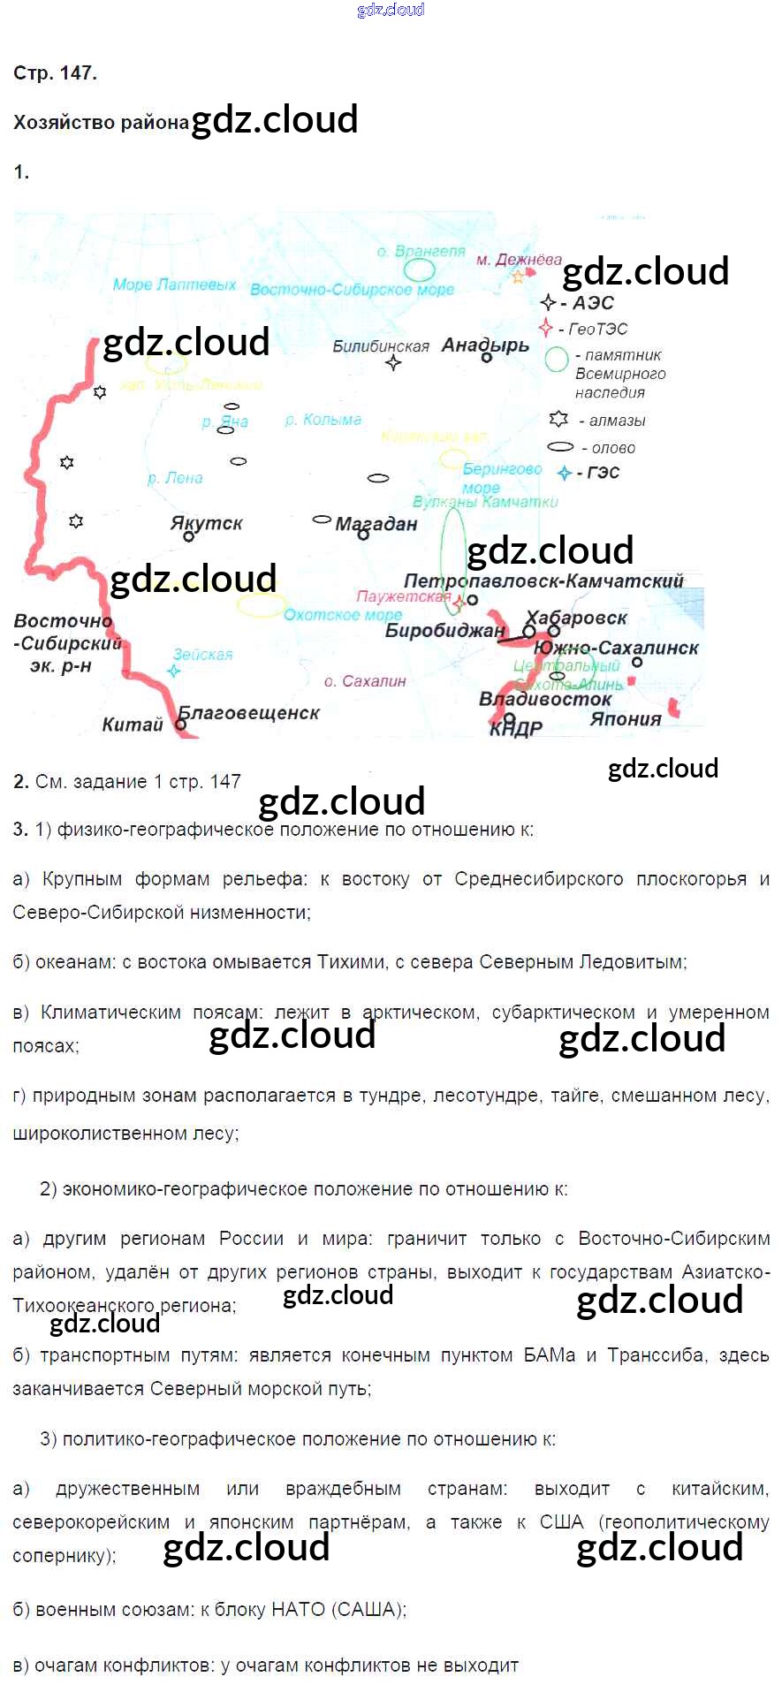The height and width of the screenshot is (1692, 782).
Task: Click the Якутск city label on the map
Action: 206,522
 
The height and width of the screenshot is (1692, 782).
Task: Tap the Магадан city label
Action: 376,524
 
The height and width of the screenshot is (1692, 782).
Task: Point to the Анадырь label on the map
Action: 485,345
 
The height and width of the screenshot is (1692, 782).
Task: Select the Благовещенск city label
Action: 249,712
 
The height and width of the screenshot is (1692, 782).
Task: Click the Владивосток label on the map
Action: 545,699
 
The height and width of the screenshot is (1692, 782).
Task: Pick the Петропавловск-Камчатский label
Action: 543,580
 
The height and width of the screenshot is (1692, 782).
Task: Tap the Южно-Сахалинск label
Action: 616,648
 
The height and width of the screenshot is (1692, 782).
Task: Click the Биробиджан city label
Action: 444,630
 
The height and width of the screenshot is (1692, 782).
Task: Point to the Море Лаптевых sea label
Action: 174,285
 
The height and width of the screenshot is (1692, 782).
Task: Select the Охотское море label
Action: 343,615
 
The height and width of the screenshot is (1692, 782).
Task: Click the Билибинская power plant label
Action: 380,346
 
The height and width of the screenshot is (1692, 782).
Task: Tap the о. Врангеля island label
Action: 421,251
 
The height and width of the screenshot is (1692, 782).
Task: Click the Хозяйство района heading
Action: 101,123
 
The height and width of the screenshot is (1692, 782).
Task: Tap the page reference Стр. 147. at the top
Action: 55,73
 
